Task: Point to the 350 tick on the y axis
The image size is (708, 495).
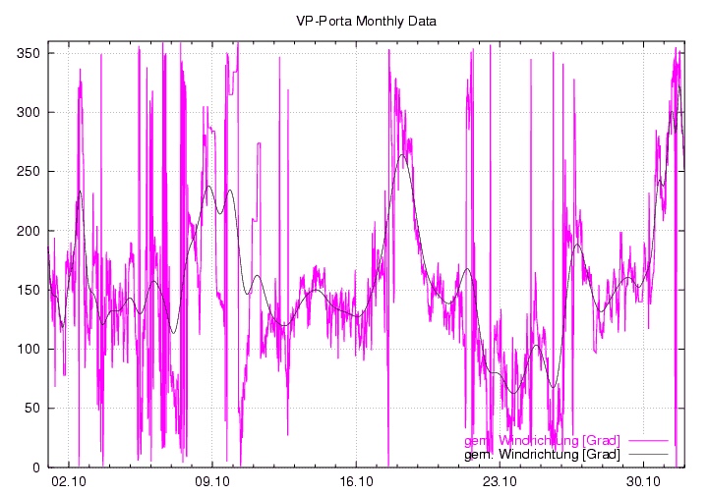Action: [28, 53]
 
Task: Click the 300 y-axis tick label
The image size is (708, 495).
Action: [28, 112]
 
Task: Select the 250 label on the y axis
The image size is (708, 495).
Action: [28, 171]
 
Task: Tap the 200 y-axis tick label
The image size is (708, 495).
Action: [28, 231]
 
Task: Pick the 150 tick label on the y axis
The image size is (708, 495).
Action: [28, 290]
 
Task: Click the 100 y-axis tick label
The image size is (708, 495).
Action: [28, 349]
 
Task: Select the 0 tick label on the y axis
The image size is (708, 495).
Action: [35, 467]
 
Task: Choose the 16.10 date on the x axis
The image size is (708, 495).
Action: [356, 481]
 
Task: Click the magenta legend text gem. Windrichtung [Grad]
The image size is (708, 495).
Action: [542, 440]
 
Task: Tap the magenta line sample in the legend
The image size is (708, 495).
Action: [648, 440]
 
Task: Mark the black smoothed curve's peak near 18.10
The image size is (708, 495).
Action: [403, 154]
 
